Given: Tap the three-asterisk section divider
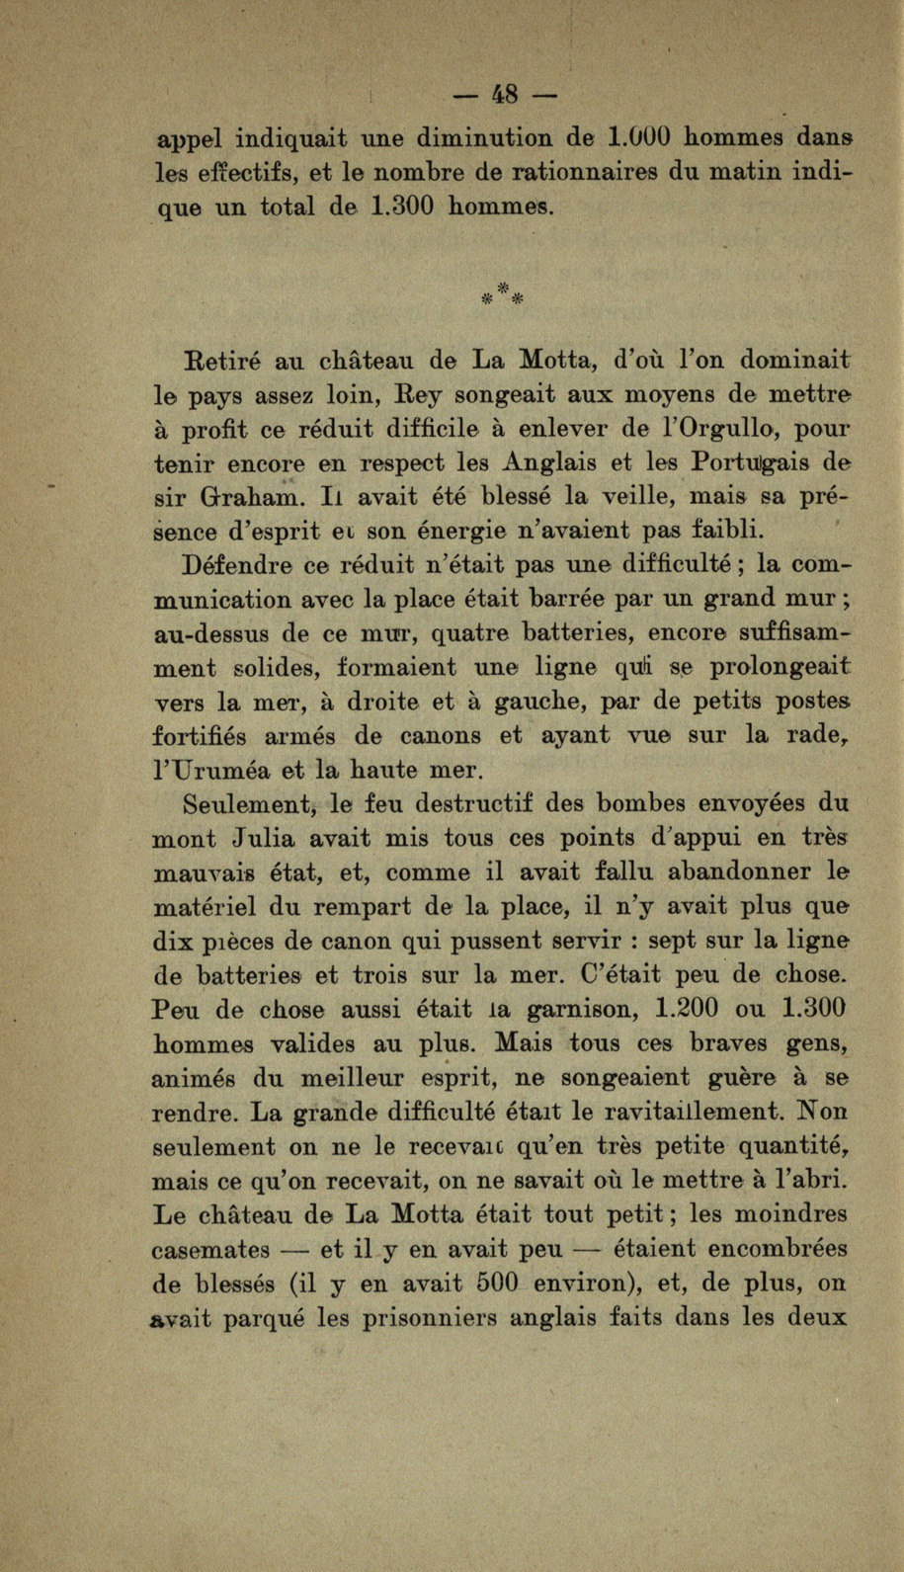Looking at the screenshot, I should (x=503, y=291).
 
